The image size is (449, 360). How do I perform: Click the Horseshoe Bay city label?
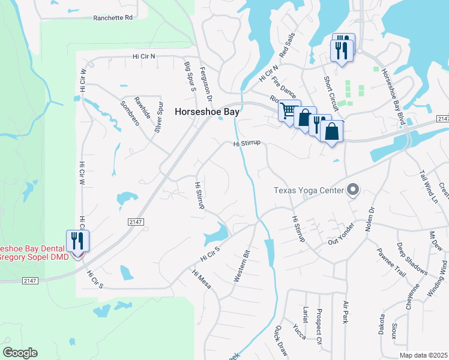click(x=207, y=112)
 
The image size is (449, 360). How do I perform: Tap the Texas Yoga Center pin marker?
click(x=353, y=191)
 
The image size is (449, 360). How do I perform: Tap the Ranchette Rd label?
click(x=113, y=18)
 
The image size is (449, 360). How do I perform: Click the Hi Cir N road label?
click(x=144, y=56)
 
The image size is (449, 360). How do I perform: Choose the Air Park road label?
click(x=346, y=313)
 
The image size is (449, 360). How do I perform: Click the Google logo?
click(x=20, y=353)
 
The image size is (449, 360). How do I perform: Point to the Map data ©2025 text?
click(x=423, y=355)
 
